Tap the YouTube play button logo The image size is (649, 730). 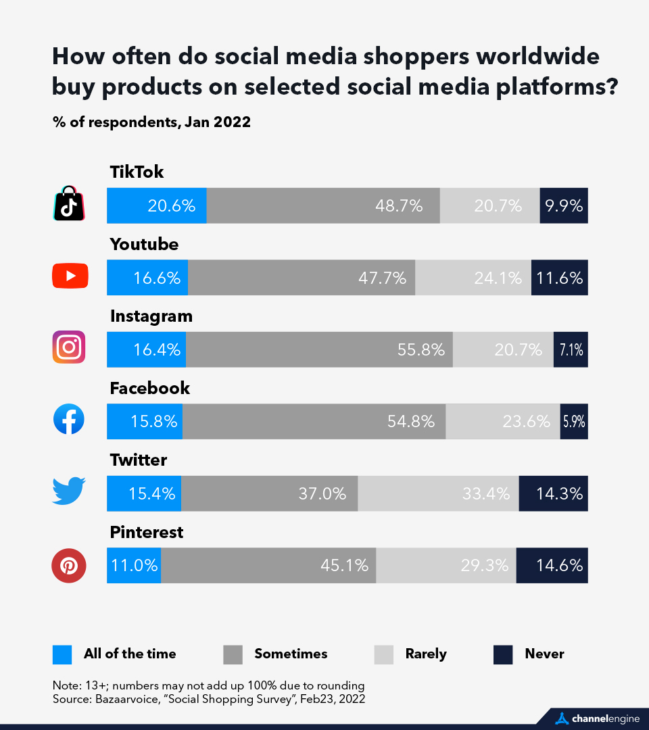70,276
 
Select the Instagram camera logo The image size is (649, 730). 69,348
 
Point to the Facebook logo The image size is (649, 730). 69,420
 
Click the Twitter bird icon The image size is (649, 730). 69,492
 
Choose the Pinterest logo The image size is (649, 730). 69,565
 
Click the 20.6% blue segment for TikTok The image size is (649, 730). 157,205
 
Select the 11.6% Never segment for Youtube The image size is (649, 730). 559,277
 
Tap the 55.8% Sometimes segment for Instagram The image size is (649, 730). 319,349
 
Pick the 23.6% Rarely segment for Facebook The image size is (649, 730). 503,421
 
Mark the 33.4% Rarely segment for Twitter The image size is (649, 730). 438,493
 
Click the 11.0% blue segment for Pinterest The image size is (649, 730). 134,565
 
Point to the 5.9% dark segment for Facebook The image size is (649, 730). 574,421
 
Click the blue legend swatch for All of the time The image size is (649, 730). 62,654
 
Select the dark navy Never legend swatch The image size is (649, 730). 503,654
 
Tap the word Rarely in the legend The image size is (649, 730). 426,654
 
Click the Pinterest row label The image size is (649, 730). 147,533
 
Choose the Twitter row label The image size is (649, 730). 139,460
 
